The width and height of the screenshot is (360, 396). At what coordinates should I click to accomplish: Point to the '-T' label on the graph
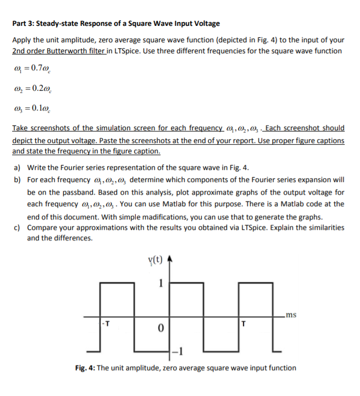[106, 323]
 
